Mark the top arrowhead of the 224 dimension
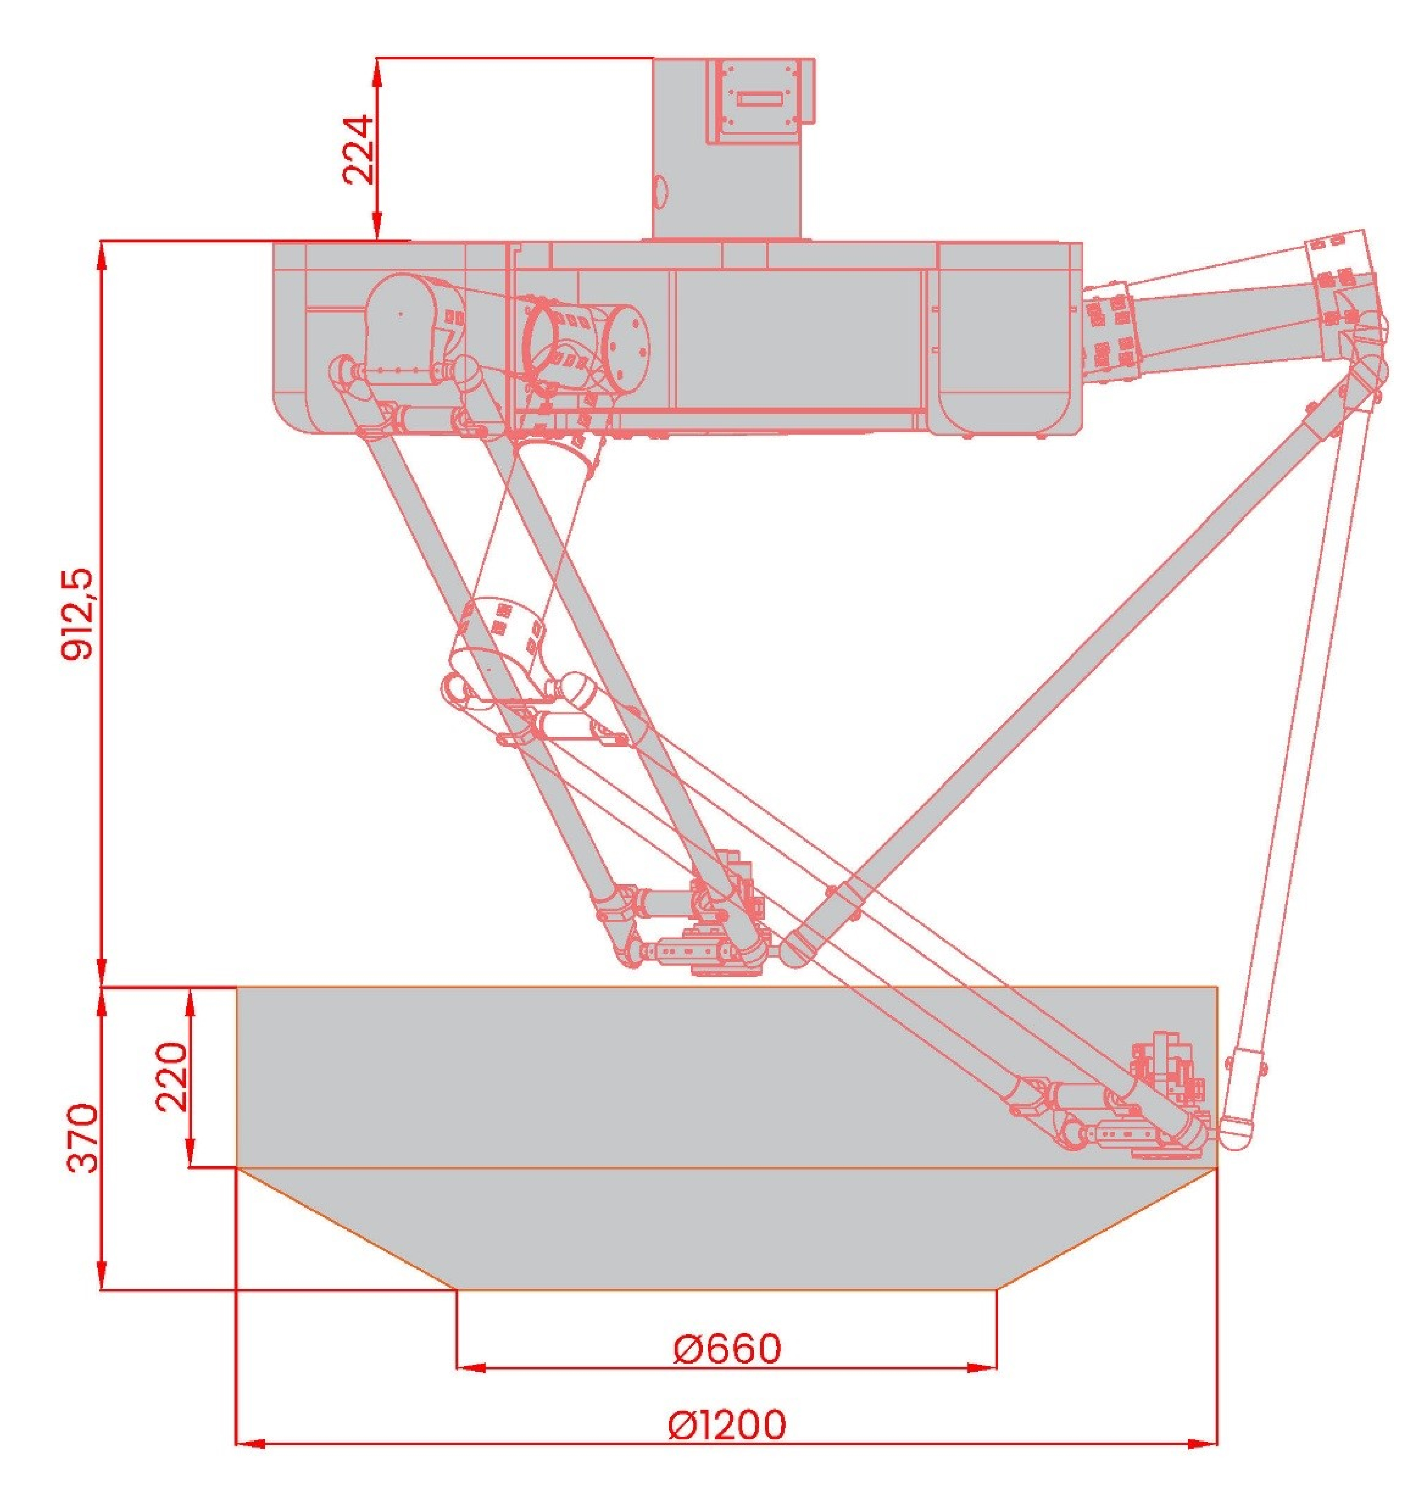click(x=377, y=70)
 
